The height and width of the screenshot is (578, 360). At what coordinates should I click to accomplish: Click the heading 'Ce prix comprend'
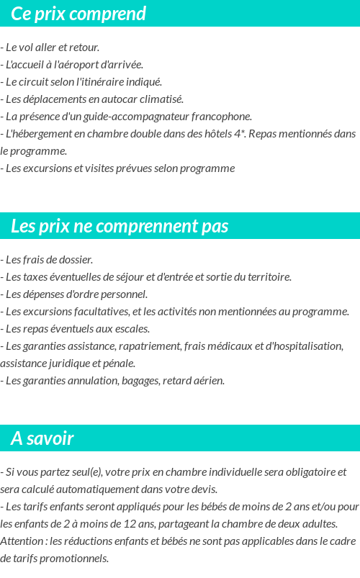click(78, 14)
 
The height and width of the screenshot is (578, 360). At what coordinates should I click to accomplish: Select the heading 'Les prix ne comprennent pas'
click(120, 226)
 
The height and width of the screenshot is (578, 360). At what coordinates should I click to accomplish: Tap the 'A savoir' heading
click(42, 438)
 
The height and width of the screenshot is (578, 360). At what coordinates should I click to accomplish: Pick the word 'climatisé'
click(163, 99)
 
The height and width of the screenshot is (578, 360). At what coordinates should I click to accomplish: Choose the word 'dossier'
click(76, 259)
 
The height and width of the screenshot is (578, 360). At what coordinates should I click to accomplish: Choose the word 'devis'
click(204, 489)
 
